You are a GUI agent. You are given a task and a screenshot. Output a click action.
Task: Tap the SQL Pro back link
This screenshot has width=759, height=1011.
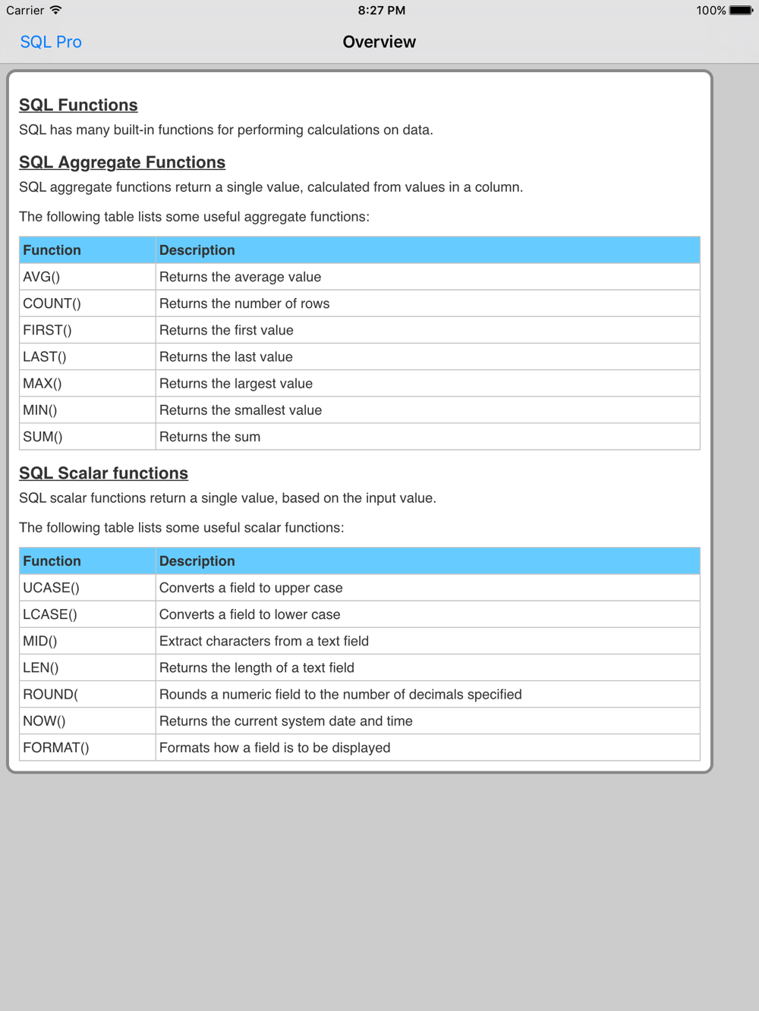[51, 42]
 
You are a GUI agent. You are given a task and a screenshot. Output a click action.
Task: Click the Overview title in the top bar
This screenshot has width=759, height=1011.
[379, 42]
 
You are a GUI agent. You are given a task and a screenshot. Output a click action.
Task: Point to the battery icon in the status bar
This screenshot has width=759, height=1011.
[741, 11]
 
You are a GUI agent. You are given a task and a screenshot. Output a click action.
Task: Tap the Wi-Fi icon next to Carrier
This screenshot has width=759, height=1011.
[56, 11]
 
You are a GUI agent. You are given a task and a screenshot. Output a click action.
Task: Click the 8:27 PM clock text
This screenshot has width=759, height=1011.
[381, 11]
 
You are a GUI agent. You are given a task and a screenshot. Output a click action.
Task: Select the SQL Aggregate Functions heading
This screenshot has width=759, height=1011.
[122, 162]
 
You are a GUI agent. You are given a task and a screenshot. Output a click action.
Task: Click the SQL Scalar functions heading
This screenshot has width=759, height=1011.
[103, 473]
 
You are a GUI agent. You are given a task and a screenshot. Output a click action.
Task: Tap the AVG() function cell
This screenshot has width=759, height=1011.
[42, 277]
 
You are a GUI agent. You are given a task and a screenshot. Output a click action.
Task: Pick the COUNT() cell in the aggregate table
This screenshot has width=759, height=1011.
[52, 303]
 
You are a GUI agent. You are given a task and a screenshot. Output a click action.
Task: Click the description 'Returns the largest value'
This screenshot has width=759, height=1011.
[236, 384]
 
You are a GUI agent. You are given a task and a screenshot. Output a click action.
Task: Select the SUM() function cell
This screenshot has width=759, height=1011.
[43, 437]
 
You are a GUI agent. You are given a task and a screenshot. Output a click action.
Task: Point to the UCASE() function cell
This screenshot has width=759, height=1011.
[51, 588]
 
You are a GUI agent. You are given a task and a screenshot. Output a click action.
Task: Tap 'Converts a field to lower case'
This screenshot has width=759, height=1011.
[250, 614]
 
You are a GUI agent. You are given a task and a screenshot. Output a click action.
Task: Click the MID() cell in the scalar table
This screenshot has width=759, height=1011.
[40, 641]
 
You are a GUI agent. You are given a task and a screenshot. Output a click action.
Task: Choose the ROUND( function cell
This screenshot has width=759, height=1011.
[50, 695]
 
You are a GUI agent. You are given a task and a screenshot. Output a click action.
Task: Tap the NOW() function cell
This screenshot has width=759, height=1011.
[44, 721]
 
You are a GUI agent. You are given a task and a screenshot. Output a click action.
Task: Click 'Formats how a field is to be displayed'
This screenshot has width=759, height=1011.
[275, 748]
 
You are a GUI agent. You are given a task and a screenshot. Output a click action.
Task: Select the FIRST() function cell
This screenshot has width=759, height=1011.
[47, 330]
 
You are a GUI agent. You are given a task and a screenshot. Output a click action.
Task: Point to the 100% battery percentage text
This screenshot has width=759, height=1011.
[711, 11]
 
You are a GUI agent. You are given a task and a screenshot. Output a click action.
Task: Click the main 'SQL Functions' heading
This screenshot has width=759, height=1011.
[78, 105]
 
